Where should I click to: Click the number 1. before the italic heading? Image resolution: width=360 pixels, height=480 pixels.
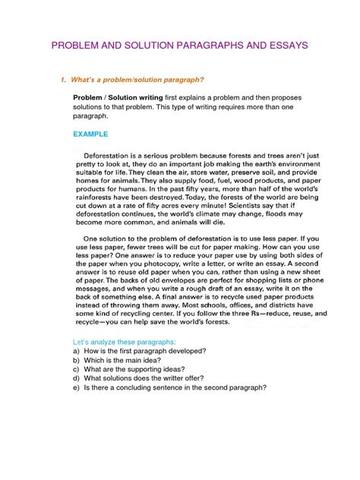pyautogui.click(x=65, y=79)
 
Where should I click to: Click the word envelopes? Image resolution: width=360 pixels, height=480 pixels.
pyautogui.click(x=159, y=298)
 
